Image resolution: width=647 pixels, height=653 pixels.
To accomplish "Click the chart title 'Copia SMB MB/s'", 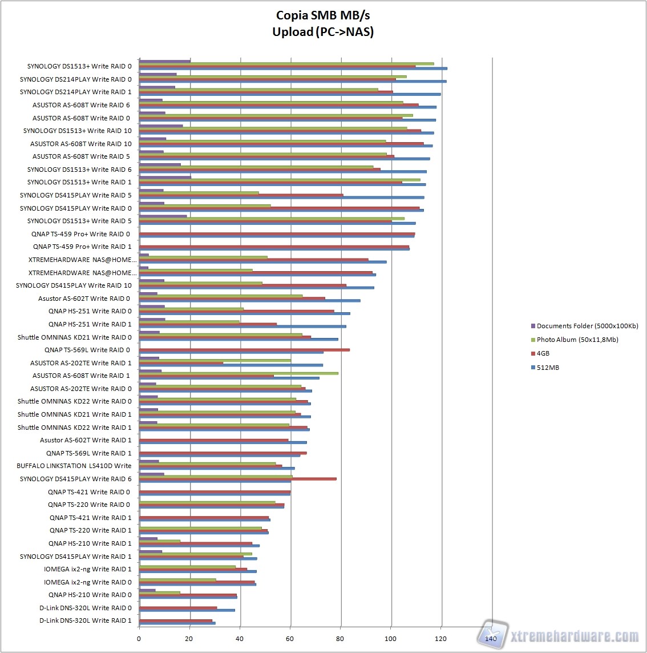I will (x=323, y=15).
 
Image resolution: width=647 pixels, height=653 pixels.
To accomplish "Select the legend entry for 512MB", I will (x=548, y=368).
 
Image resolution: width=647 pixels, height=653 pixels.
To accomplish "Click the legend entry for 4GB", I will (x=543, y=353).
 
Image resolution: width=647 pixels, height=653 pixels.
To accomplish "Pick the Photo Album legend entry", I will (x=577, y=340).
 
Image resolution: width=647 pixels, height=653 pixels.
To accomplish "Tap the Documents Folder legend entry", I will (x=587, y=326).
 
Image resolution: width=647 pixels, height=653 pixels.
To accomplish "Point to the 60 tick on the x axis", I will (x=291, y=639).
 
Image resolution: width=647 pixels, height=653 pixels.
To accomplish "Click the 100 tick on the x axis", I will (x=391, y=639).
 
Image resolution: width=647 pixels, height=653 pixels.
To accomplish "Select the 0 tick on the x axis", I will (x=139, y=639).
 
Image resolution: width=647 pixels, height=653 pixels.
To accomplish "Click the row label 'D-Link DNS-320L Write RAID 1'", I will (x=85, y=620).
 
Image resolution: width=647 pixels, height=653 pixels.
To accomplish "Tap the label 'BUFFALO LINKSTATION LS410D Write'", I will (x=74, y=466).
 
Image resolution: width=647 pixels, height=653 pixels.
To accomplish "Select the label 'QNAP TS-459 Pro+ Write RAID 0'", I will (x=80, y=234).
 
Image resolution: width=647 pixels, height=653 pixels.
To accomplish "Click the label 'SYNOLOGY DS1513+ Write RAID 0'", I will (x=79, y=66).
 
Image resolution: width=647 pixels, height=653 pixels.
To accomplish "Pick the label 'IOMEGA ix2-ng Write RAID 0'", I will (x=87, y=582).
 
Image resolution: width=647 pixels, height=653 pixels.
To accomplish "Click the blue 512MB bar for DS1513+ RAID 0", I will (x=293, y=68).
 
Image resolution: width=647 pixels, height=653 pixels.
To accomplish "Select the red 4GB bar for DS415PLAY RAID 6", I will (x=238, y=479).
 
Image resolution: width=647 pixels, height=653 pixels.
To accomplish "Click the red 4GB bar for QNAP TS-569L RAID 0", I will (x=244, y=350).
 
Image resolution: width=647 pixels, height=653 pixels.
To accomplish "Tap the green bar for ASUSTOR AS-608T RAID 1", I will (x=238, y=373).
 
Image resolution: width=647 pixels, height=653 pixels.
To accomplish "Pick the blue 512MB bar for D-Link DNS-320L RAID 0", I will (x=187, y=610).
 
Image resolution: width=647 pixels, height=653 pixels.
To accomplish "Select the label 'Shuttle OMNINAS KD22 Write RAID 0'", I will (x=74, y=401).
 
